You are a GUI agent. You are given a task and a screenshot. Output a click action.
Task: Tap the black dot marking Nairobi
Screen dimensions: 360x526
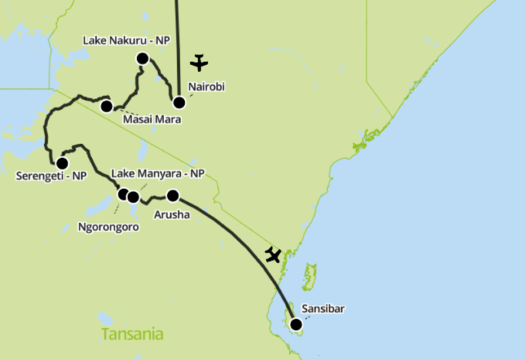click(x=179, y=102)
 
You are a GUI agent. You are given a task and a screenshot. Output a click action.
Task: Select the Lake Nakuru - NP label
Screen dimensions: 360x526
click(x=126, y=40)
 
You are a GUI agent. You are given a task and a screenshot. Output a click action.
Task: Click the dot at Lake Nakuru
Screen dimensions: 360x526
click(x=142, y=58)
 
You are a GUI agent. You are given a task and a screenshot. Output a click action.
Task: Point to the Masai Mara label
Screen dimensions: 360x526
click(x=152, y=119)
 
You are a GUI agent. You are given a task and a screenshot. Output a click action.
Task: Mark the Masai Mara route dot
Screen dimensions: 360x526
click(x=107, y=106)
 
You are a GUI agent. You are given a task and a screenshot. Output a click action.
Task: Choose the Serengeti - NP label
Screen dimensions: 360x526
click(x=51, y=177)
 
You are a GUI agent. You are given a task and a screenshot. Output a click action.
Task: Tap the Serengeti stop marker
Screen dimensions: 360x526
click(x=62, y=163)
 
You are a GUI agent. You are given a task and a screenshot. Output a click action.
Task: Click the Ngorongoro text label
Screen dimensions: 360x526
click(x=108, y=228)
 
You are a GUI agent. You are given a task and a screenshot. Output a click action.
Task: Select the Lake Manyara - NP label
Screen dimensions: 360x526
click(x=158, y=173)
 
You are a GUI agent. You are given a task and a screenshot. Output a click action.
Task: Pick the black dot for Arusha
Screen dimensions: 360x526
click(x=172, y=195)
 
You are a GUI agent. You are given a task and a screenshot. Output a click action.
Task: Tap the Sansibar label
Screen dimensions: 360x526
click(x=323, y=309)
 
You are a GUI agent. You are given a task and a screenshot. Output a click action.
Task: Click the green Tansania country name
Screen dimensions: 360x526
click(x=132, y=334)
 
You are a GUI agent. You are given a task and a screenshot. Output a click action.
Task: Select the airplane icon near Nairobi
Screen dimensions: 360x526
click(x=200, y=62)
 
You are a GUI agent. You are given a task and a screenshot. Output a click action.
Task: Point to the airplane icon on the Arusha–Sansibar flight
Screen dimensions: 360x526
click(x=272, y=254)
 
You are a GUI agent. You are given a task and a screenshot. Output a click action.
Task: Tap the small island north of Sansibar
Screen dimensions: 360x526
click(x=310, y=276)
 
